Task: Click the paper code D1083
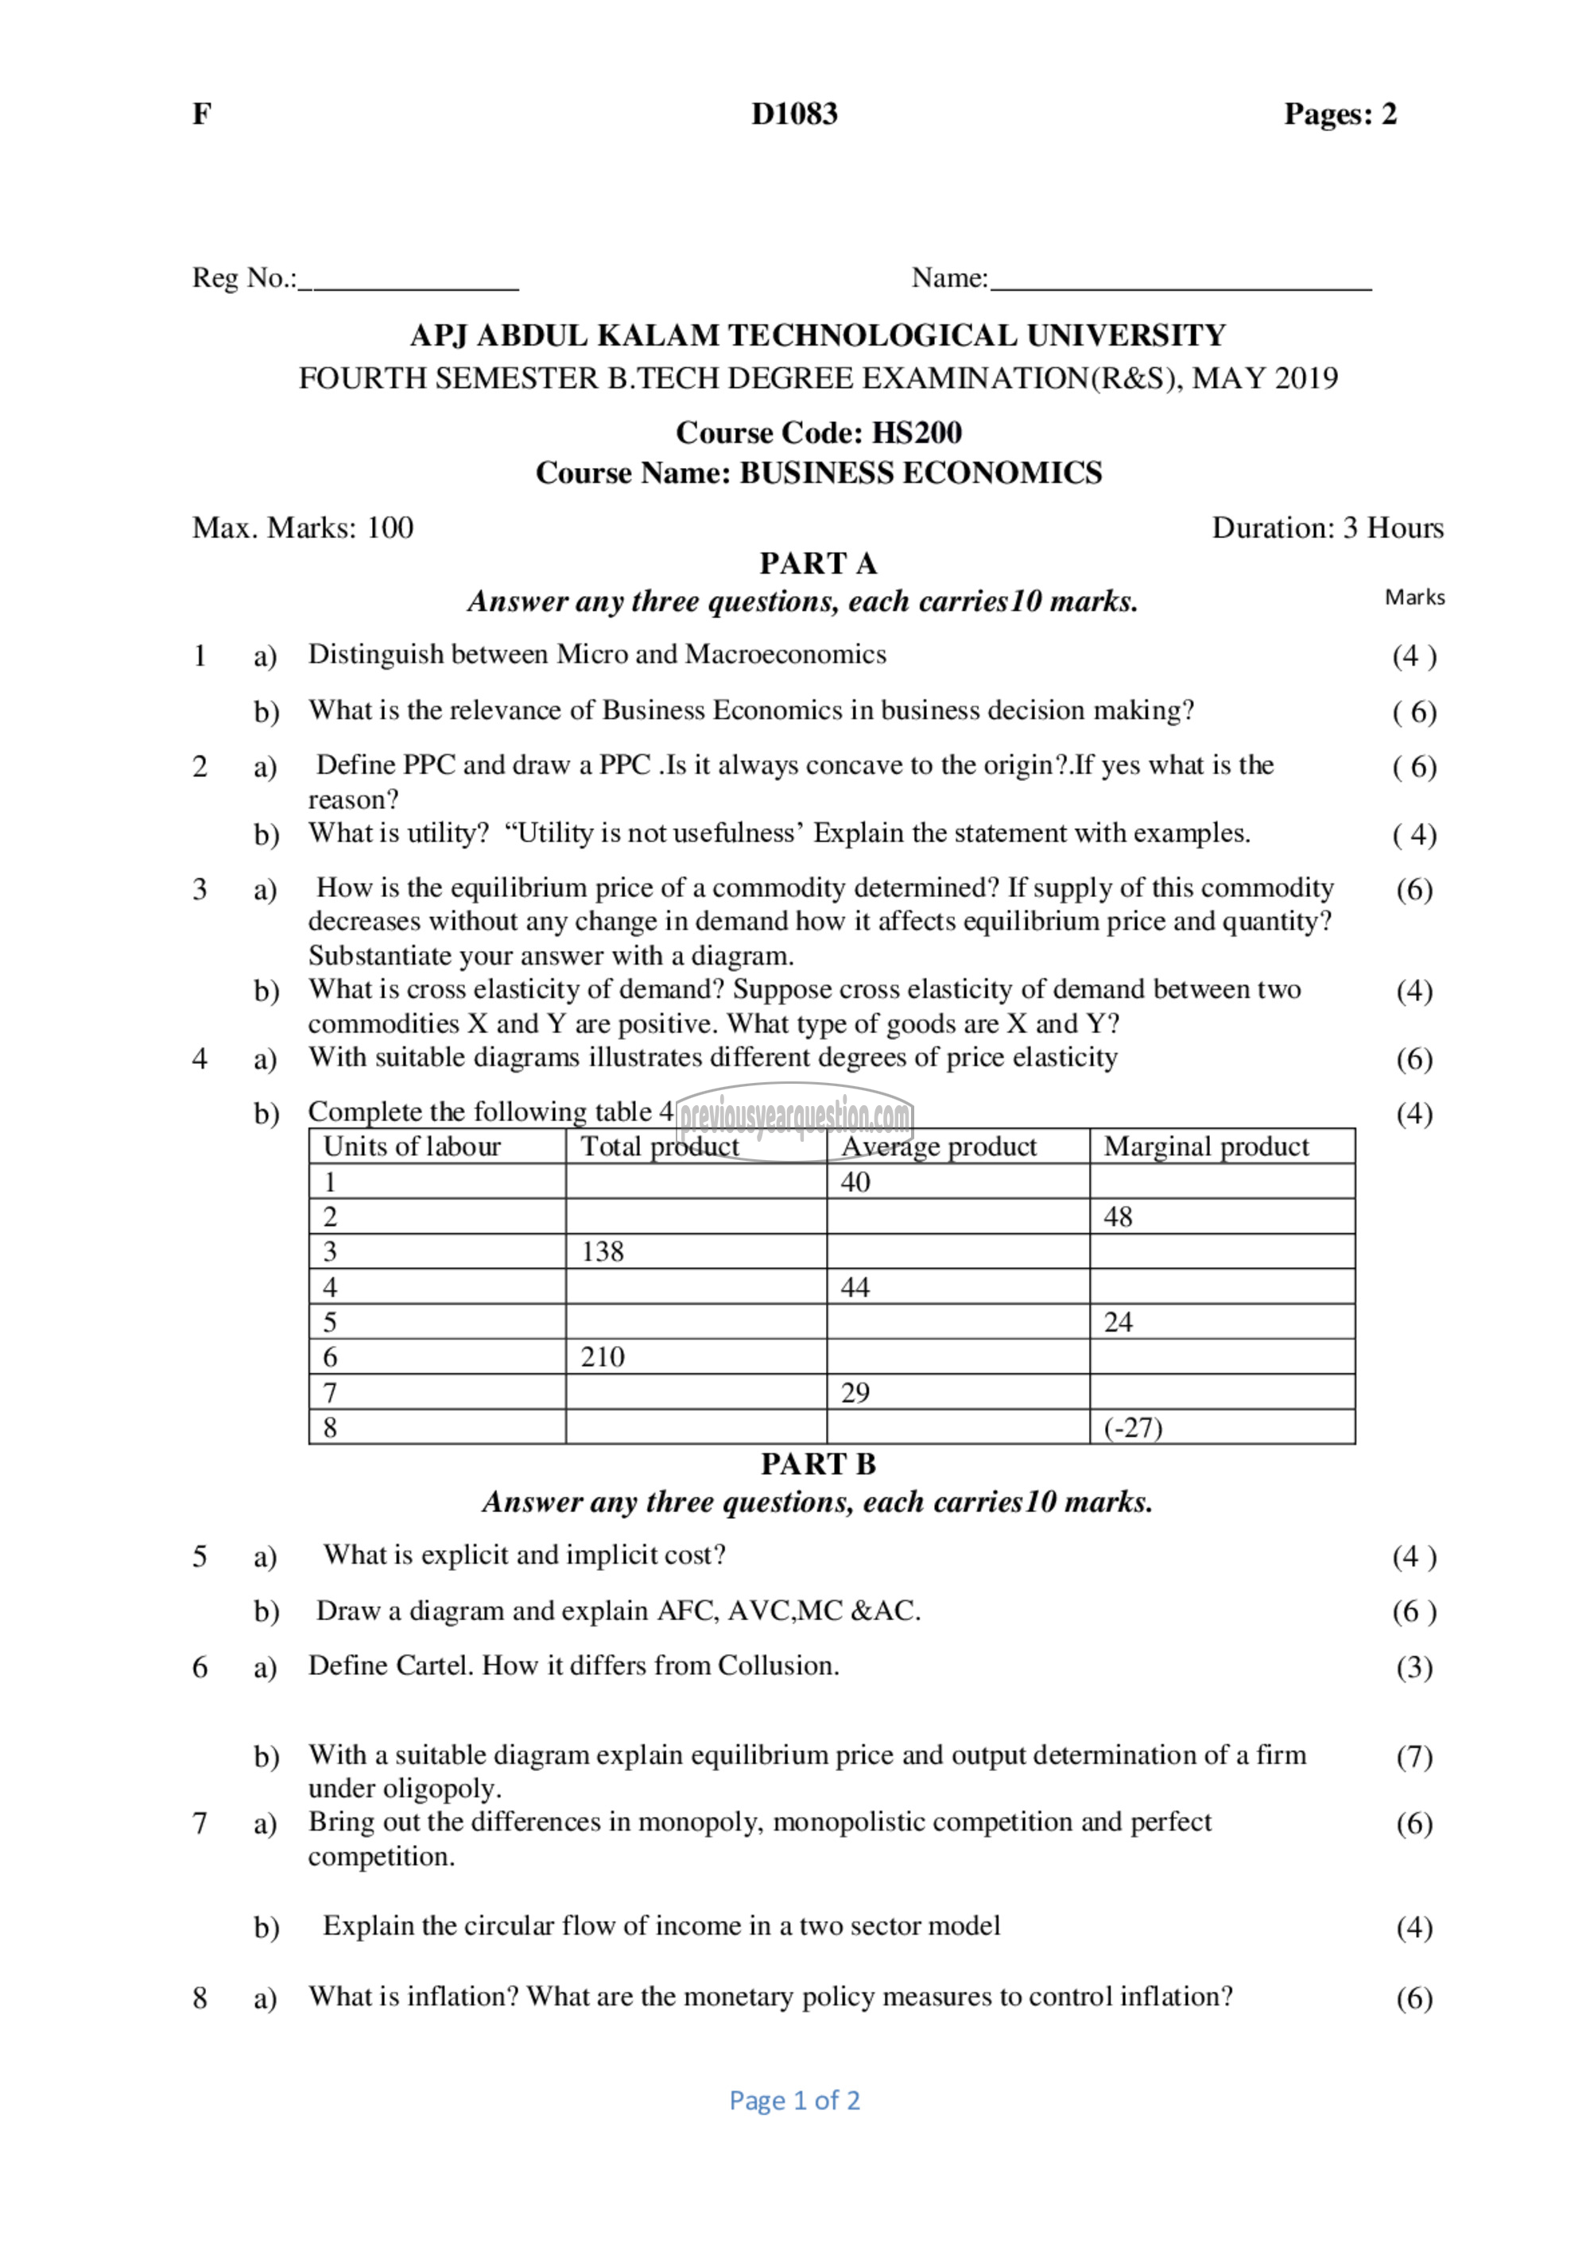(x=794, y=114)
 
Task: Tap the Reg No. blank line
(x=409, y=286)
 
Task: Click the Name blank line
(x=1180, y=286)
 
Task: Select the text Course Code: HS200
(x=819, y=432)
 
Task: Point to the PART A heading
(x=819, y=563)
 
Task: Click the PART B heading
(x=819, y=1464)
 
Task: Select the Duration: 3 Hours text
(x=1327, y=528)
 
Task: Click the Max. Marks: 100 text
(x=303, y=528)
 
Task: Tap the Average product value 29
(x=855, y=1393)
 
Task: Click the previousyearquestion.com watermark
(x=795, y=1116)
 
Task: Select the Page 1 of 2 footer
(x=794, y=2100)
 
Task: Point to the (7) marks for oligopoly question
(x=1414, y=1757)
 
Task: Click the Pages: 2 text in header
(x=1340, y=114)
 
